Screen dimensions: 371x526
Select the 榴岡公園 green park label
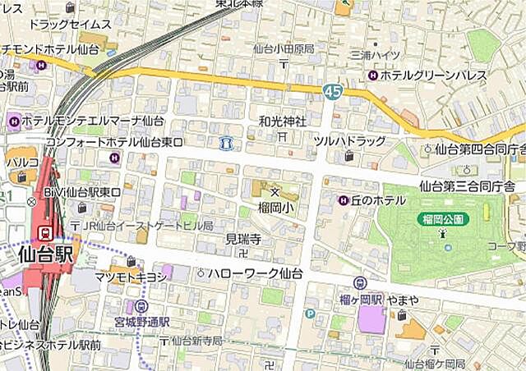point(445,219)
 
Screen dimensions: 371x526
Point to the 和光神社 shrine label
point(282,121)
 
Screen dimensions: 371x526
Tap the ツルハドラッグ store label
point(349,141)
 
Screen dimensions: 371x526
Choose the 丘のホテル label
point(379,200)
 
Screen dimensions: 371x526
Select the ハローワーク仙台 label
point(256,273)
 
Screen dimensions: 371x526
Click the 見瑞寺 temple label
point(243,239)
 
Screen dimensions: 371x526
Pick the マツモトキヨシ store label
point(131,277)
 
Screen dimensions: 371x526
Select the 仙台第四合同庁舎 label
point(480,149)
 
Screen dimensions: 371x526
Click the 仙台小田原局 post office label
point(284,49)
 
